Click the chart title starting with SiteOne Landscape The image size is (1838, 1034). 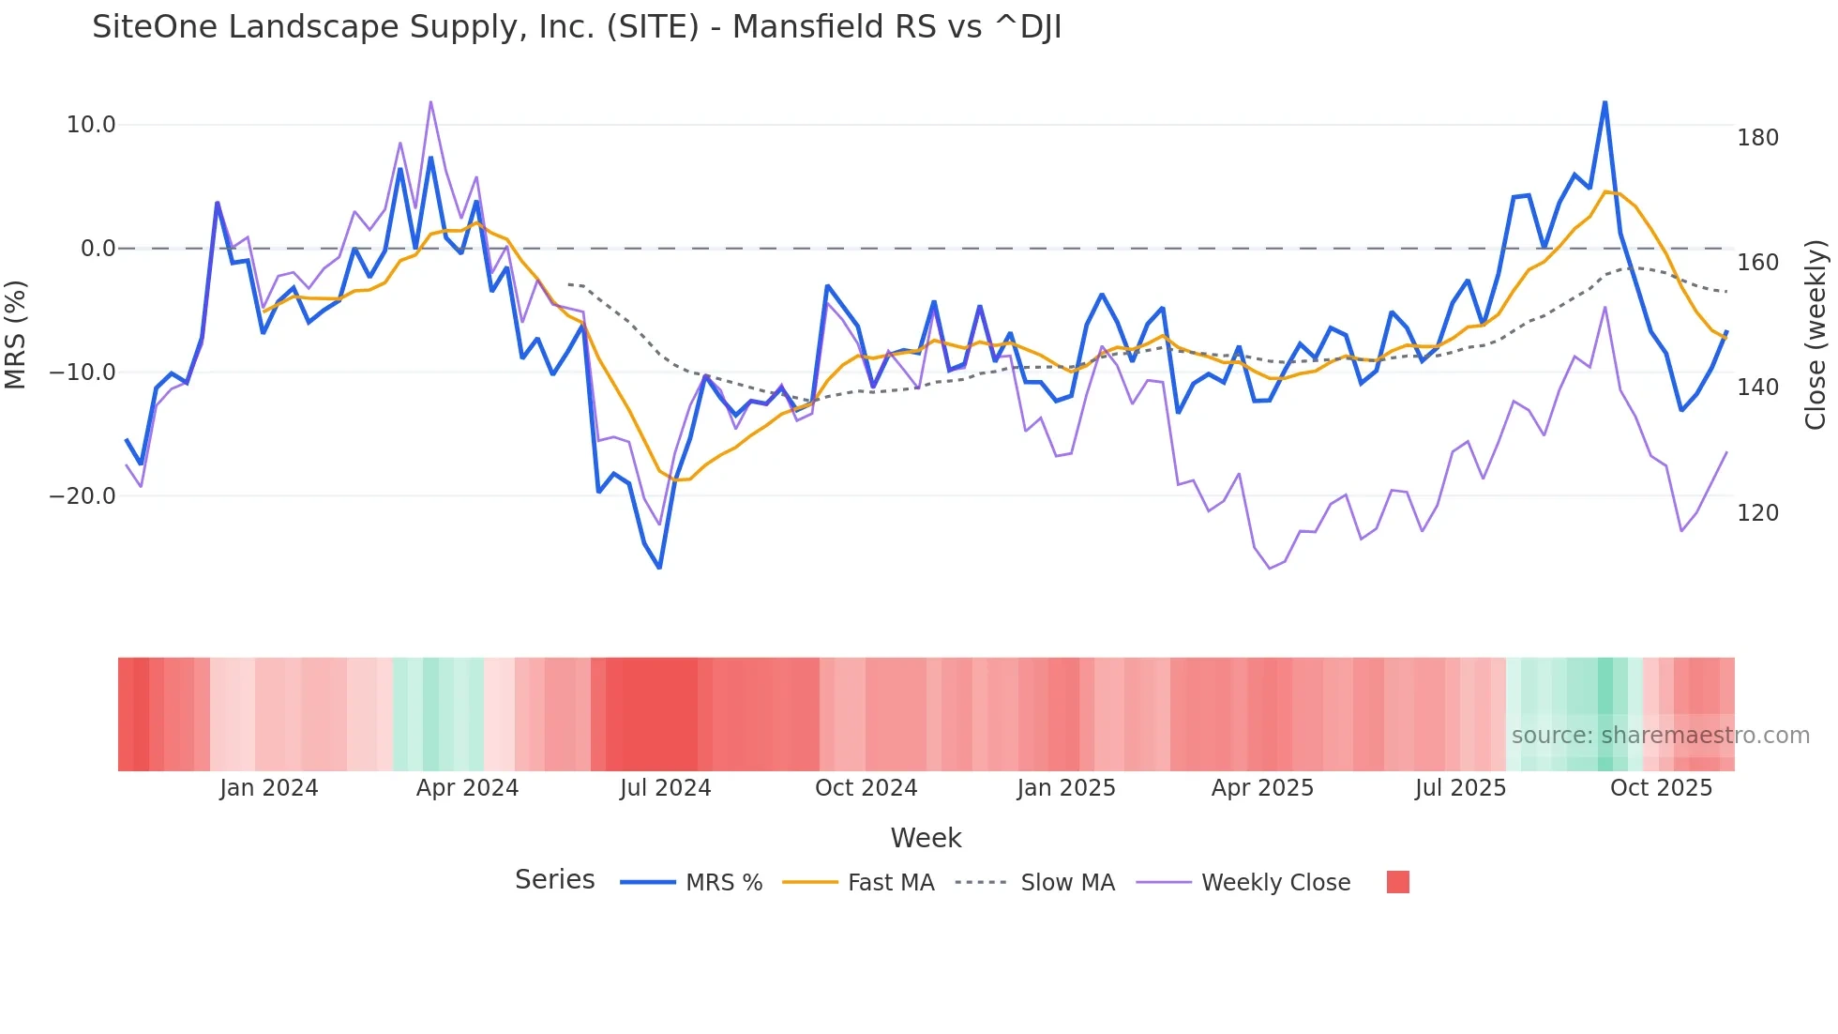[577, 27]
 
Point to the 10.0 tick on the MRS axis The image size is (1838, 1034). [91, 125]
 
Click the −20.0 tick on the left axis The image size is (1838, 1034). [83, 496]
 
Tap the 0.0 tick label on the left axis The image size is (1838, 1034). [98, 249]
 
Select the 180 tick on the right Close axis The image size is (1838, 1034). [1757, 138]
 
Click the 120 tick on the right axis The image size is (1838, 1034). [1757, 513]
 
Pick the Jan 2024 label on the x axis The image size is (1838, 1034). [269, 788]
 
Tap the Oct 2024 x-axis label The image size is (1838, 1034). [866, 788]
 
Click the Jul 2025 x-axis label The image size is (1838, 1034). [1460, 788]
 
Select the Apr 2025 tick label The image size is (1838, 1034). [1262, 788]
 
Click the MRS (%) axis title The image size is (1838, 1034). [16, 334]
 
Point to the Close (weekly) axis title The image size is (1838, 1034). [1816, 334]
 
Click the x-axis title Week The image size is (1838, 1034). [926, 838]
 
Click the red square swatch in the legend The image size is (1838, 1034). [1397, 882]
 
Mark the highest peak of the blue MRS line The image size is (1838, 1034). [1604, 102]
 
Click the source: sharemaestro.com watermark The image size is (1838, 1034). [1660, 736]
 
